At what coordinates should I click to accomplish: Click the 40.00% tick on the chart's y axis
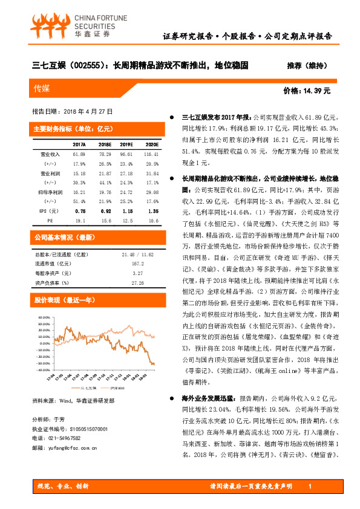(x=44, y=317)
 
